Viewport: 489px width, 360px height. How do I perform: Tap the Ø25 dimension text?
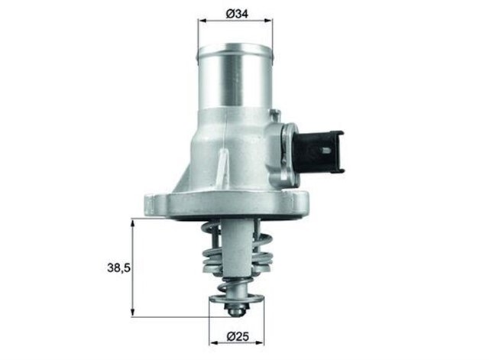click(236, 334)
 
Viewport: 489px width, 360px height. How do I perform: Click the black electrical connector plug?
click(316, 148)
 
